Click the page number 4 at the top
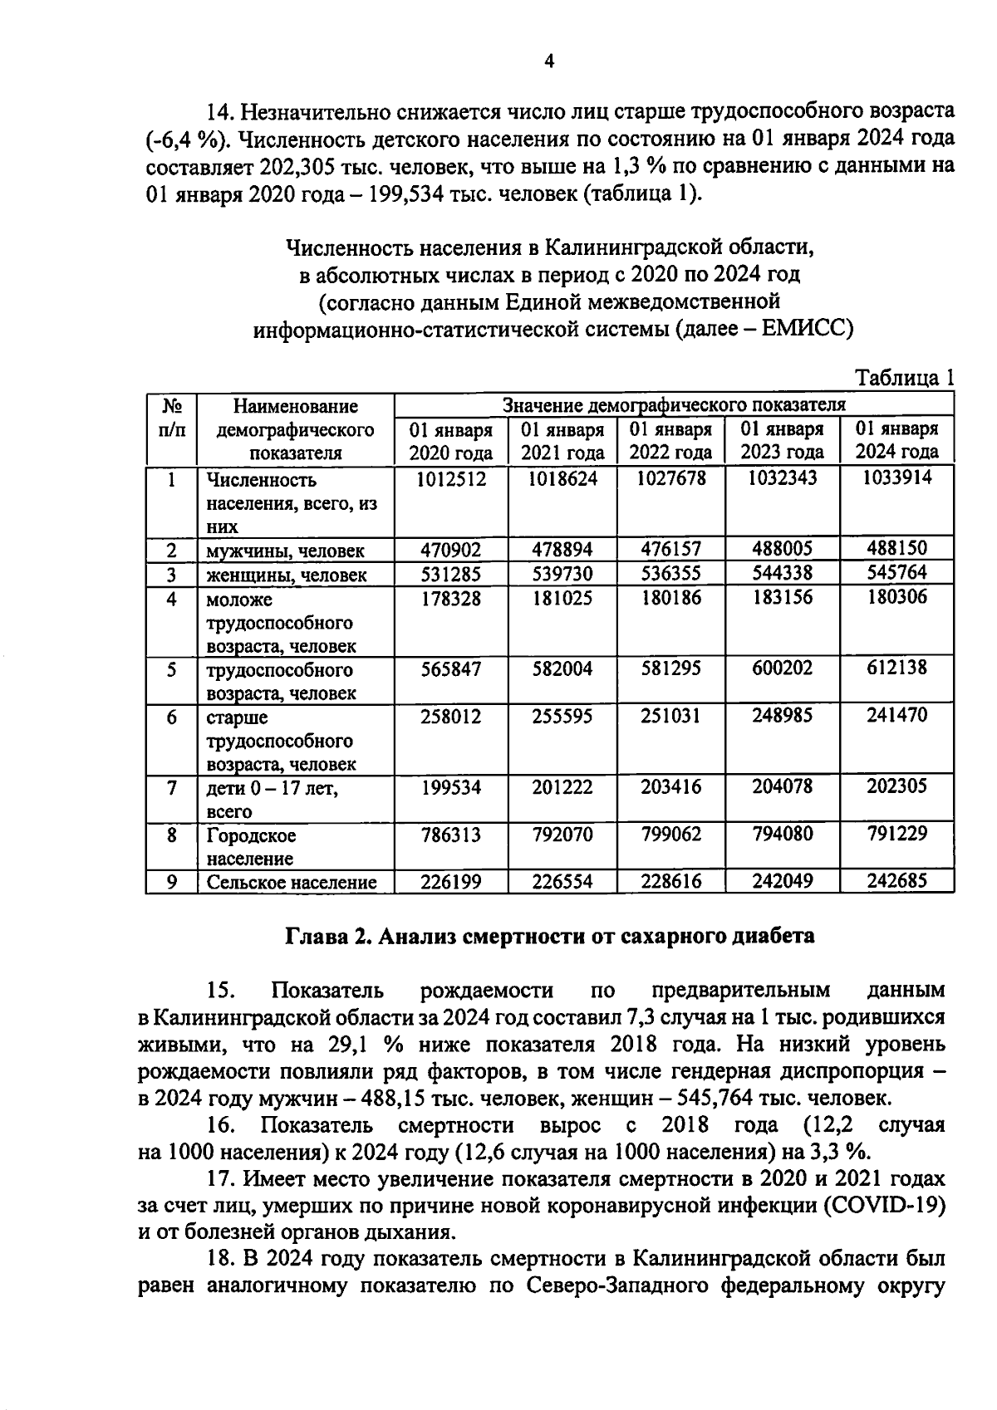pos(549,61)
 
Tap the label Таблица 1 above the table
pos(905,378)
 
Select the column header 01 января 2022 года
pos(670,441)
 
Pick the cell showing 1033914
pos(896,477)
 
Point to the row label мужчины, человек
pos(286,551)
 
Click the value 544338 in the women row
pos(782,573)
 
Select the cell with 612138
pos(896,668)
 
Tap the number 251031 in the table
pos(670,715)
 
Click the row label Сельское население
pos(292,882)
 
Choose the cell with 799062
pos(670,834)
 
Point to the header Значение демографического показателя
pos(674,405)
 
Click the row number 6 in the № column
pos(171,716)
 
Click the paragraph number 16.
pos(221,1125)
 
